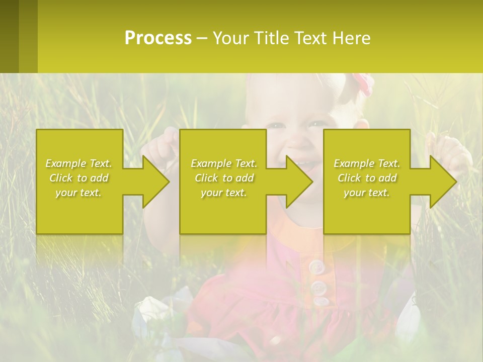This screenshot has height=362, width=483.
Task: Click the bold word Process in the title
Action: tap(158, 38)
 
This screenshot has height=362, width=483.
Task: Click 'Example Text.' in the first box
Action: tap(79, 163)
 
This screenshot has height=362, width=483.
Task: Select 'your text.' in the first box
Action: tap(79, 193)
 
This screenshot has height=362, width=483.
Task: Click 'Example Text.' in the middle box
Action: tap(224, 163)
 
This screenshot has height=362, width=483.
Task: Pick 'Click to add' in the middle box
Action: tap(224, 178)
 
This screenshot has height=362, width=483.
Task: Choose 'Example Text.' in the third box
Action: tap(367, 163)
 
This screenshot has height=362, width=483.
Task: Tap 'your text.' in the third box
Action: tap(367, 193)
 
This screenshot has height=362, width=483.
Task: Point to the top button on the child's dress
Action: tap(315, 267)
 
